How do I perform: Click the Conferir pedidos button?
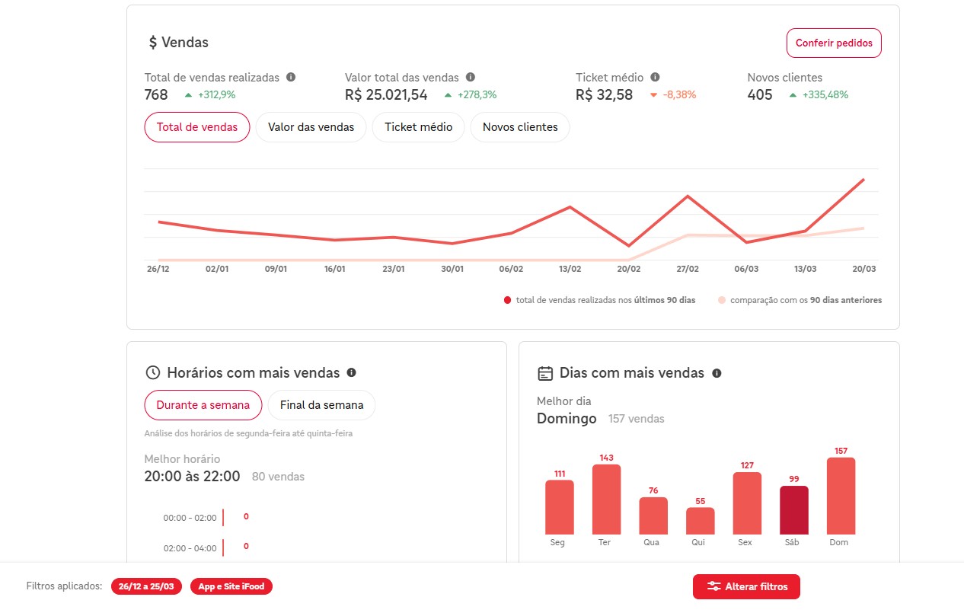point(834,43)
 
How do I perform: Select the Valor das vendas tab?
point(311,127)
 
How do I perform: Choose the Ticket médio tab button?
point(418,127)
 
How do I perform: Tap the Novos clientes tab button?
point(520,127)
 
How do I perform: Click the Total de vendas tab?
point(197,127)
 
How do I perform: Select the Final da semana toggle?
point(321,405)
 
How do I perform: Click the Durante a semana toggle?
point(203,405)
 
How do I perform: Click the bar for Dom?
point(841,496)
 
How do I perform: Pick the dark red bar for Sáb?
point(793,509)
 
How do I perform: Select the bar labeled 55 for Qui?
point(700,521)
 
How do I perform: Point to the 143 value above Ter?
point(606,458)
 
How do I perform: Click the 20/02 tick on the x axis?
point(628,269)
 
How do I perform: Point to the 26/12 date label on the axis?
point(158,269)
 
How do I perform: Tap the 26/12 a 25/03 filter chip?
point(146,586)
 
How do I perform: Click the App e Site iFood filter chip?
point(231,586)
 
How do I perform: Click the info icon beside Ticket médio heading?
point(655,77)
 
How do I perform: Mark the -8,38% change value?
point(679,95)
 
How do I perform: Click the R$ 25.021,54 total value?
point(386,95)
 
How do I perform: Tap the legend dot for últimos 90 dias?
point(507,300)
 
